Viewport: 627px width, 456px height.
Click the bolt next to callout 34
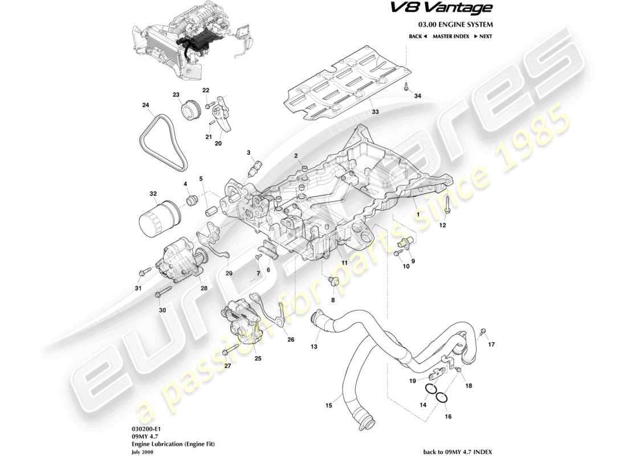click(x=405, y=87)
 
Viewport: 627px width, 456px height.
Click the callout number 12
click(x=442, y=226)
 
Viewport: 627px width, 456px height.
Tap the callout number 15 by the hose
click(x=328, y=406)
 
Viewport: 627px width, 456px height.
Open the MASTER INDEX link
click(x=450, y=36)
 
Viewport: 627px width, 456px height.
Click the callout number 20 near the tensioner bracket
click(x=218, y=144)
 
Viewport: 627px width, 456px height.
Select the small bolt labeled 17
click(x=483, y=331)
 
